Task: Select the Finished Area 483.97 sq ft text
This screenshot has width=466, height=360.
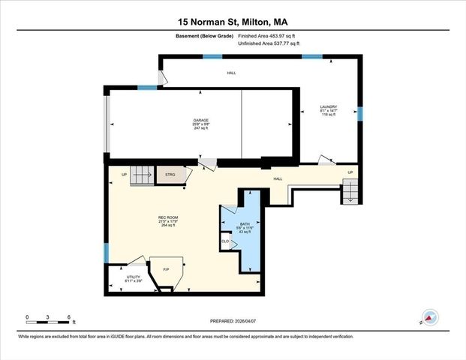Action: (268, 35)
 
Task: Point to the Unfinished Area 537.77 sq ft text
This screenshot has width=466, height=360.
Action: (269, 44)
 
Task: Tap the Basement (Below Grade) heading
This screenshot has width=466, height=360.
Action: (204, 35)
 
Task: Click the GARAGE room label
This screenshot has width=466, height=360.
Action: (200, 120)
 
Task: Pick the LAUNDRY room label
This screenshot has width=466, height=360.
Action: (329, 106)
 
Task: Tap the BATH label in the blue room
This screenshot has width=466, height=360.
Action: (245, 223)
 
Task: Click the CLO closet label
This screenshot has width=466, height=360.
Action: (225, 241)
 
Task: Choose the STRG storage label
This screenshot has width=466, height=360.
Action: (170, 176)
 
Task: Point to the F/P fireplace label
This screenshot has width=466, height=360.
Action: (166, 269)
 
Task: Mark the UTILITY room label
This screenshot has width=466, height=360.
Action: (133, 277)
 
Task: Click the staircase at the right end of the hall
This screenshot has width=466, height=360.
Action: (350, 192)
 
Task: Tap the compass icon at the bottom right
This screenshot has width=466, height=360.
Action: (428, 317)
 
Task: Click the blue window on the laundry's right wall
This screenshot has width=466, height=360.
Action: (360, 113)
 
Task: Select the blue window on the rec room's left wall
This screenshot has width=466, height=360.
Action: (106, 253)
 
